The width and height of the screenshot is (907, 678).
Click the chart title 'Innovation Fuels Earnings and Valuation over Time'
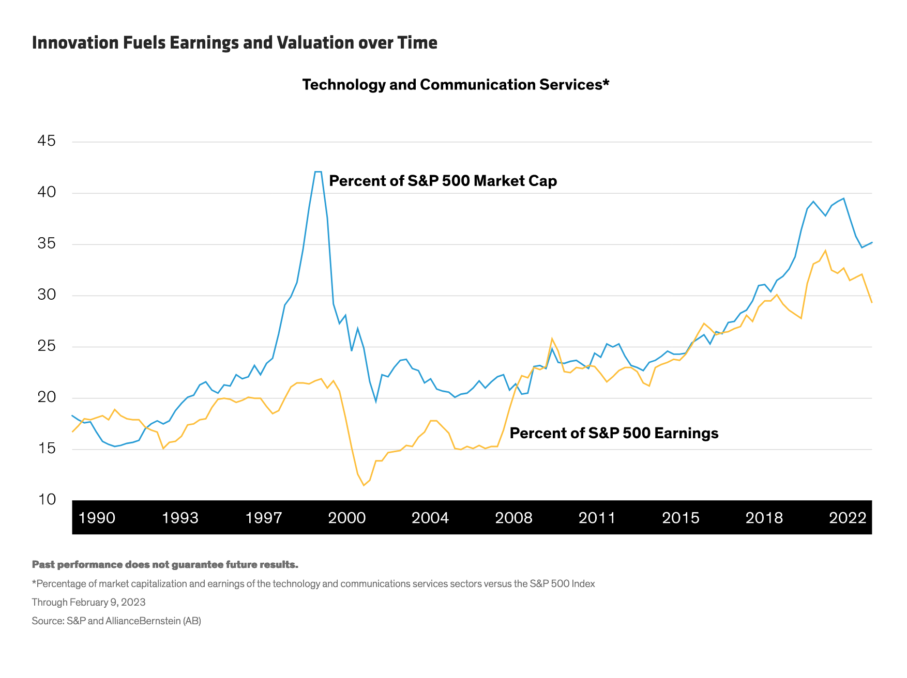[x=234, y=43]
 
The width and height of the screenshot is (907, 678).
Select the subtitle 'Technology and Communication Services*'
[x=456, y=85]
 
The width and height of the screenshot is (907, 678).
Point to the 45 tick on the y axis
[x=47, y=141]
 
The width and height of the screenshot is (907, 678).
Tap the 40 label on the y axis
[x=47, y=193]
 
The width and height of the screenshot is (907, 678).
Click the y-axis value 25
[x=47, y=346]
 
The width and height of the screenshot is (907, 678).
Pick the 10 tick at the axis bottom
[x=47, y=500]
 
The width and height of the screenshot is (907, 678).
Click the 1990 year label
[x=97, y=518]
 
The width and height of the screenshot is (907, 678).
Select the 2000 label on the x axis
[x=347, y=518]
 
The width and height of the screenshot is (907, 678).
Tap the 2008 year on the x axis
[x=513, y=518]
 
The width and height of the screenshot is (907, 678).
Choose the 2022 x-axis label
[x=848, y=518]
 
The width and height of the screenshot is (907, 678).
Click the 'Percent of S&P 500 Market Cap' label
[x=443, y=181]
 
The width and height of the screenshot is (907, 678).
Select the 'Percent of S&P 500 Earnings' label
[x=614, y=433]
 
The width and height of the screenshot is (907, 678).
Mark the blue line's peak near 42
[x=318, y=172]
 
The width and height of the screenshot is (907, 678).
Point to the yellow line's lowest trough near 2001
[x=364, y=485]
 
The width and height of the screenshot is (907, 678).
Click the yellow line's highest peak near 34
[x=825, y=251]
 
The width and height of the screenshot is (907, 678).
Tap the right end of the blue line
[x=871, y=242]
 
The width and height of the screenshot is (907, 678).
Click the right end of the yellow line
[x=871, y=302]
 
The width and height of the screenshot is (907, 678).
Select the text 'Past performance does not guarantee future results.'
[x=165, y=565]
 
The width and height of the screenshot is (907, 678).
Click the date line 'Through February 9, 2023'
[x=88, y=603]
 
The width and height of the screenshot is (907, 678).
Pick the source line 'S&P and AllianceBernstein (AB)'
[x=116, y=621]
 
